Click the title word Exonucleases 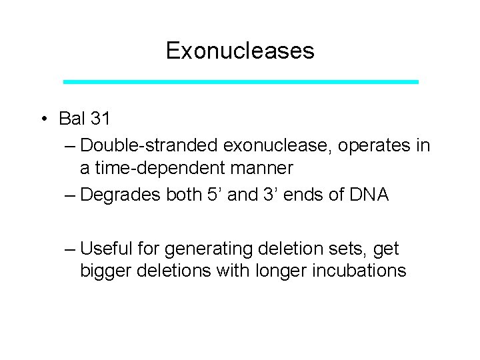coord(240,51)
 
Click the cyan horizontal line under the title coord(240,81)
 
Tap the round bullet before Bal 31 coord(42,119)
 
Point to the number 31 coord(100,119)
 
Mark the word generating coord(206,249)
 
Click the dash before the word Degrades coord(71,195)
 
